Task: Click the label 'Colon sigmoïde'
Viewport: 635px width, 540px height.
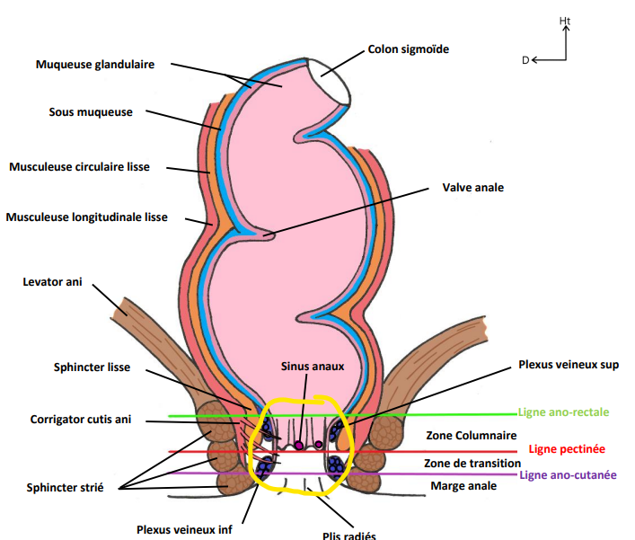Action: [408, 49]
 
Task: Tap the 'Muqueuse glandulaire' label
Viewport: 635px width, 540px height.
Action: [95, 65]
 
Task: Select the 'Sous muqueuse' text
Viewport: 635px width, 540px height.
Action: [91, 112]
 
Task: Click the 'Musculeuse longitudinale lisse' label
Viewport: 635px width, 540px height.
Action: [86, 217]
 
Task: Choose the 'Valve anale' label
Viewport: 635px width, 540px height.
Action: [473, 188]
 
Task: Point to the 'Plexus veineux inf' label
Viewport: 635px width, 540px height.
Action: [185, 529]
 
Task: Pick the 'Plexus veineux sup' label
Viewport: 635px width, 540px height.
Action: [569, 365]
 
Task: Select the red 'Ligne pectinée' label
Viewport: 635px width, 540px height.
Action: [567, 448]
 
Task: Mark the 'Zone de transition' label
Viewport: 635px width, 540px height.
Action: [472, 463]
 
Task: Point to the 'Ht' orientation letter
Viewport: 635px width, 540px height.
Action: [564, 20]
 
